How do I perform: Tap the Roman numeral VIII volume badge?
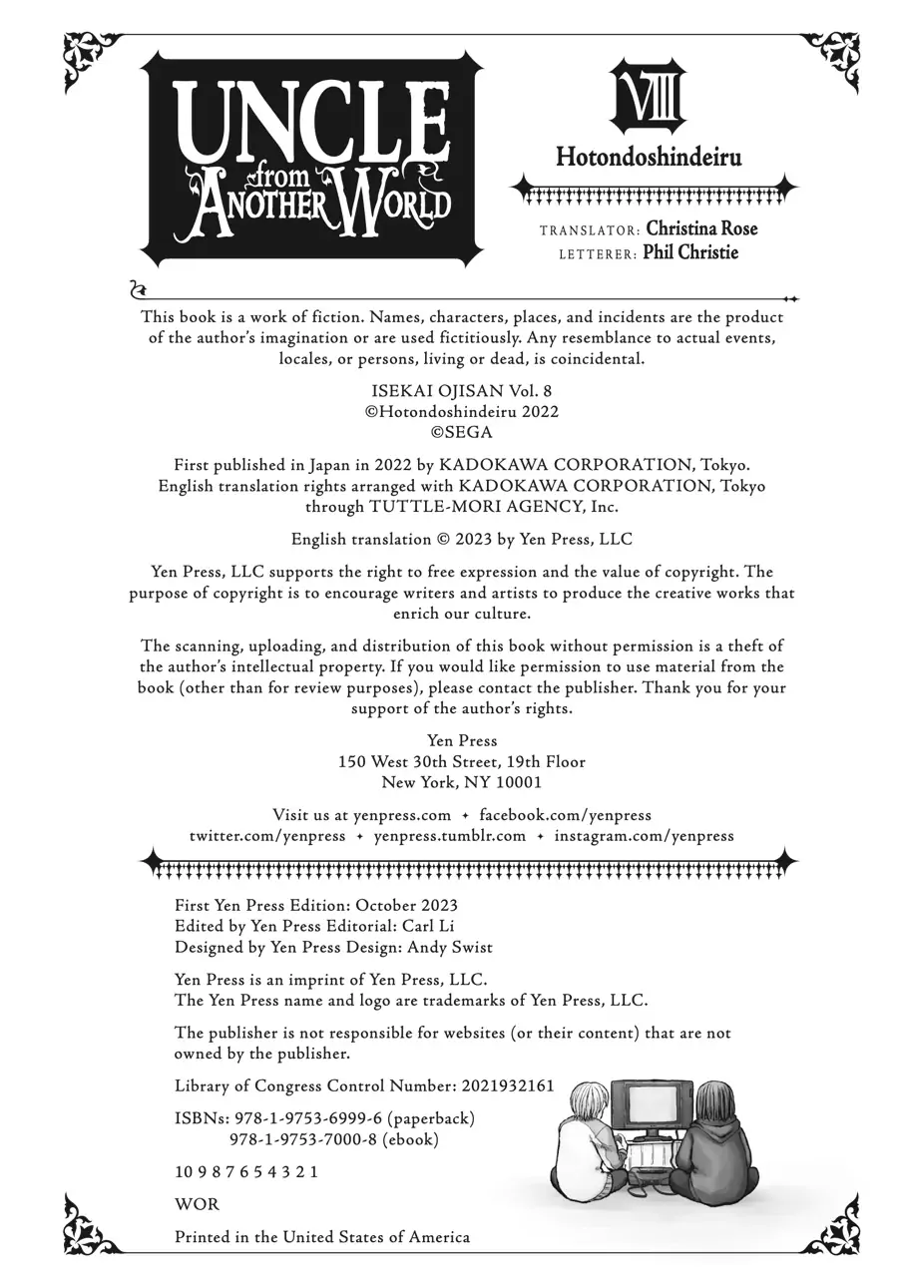pos(649,97)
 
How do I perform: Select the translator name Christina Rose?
pos(701,228)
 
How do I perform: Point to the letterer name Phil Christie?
pos(690,252)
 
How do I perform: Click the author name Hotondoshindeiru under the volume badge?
pos(649,158)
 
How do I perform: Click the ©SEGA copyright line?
pos(461,433)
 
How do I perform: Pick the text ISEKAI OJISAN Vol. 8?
pos(461,391)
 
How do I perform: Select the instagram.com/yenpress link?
pos(644,836)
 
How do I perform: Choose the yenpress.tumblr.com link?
pos(449,836)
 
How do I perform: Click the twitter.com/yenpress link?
pos(267,836)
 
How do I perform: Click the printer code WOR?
pos(197,1204)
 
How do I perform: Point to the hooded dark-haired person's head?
pos(716,1102)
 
